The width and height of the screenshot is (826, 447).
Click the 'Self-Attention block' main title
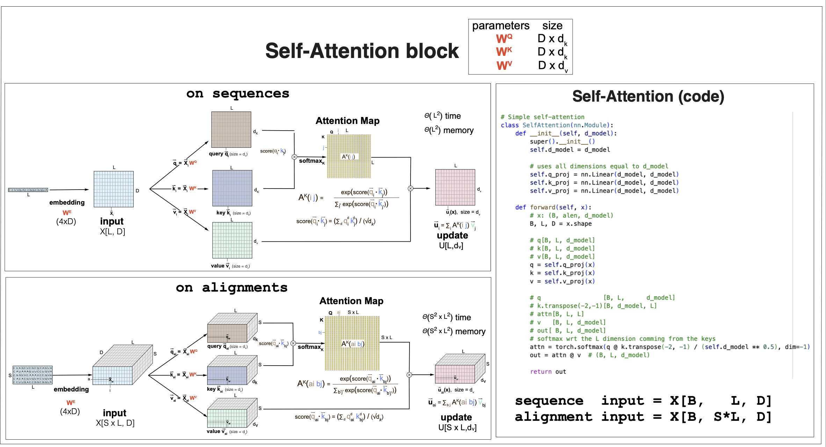click(362, 51)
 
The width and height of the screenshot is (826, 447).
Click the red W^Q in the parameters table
click(504, 38)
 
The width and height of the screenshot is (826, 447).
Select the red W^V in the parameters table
click(504, 65)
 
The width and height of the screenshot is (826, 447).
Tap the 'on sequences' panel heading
click(238, 94)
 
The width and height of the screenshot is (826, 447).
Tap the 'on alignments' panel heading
click(231, 288)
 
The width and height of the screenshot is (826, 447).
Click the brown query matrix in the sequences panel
click(231, 130)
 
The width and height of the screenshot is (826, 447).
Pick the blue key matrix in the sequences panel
click(232, 188)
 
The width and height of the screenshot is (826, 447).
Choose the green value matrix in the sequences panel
click(232, 240)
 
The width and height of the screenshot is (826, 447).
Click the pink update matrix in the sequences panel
click(455, 187)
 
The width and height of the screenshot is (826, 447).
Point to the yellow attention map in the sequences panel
click(349, 156)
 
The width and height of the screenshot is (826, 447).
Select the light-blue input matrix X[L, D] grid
click(114, 189)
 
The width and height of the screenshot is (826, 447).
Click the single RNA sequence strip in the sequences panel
click(28, 190)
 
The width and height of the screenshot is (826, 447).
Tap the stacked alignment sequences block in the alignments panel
click(32, 375)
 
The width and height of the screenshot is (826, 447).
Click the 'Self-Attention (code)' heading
click(648, 96)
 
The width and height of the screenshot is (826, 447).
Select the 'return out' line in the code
click(548, 372)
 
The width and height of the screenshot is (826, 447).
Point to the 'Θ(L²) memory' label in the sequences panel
click(449, 130)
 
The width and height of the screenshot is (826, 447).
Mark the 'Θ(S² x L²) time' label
click(446, 317)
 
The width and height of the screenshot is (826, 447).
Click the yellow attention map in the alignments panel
click(352, 343)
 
